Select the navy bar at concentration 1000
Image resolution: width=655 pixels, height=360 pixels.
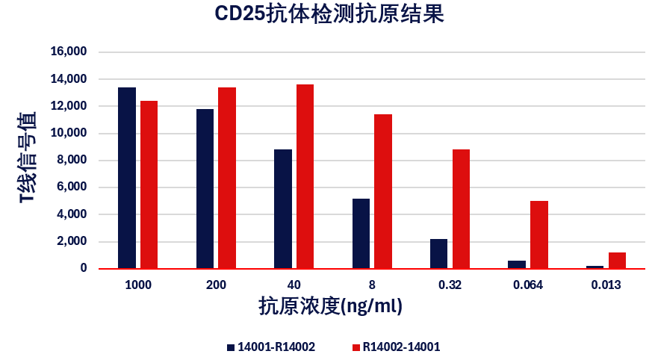(x=127, y=178)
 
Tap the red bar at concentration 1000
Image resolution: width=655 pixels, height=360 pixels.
(x=149, y=184)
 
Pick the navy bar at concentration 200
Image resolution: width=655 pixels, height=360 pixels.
(x=205, y=188)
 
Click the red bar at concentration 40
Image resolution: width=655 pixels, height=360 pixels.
(x=305, y=176)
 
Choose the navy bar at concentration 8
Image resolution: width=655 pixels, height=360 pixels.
(x=361, y=233)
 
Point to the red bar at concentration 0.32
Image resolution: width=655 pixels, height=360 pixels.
(x=461, y=208)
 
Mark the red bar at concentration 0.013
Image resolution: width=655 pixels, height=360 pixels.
(x=617, y=260)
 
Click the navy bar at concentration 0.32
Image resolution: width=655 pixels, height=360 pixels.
(x=438, y=253)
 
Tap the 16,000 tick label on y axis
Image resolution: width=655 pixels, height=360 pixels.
(x=69, y=52)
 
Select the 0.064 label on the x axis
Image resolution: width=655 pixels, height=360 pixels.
(x=528, y=285)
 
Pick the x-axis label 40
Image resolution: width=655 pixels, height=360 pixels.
(x=294, y=285)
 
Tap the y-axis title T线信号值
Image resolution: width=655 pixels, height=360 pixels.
(x=28, y=158)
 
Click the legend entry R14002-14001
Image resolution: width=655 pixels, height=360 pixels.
(x=400, y=347)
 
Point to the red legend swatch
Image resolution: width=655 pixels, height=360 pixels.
(x=356, y=347)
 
